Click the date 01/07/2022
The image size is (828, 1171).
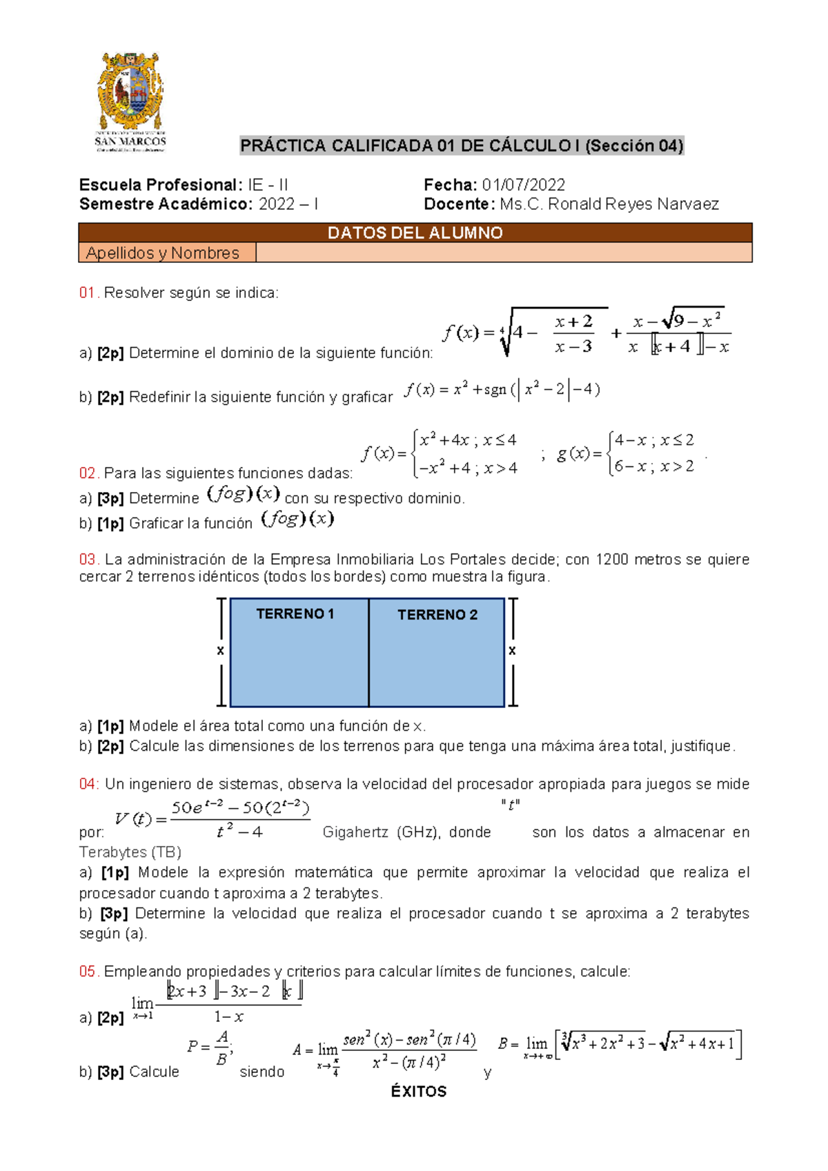[x=523, y=185]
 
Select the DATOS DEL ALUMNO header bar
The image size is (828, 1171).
[x=415, y=233]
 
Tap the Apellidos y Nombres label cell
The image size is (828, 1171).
[x=163, y=253]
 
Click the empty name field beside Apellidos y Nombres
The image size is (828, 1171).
[x=504, y=253]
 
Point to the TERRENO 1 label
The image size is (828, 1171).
[x=295, y=613]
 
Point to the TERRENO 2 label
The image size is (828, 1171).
[x=437, y=615]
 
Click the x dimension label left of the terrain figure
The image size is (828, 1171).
[x=220, y=651]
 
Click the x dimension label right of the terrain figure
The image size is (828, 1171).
[x=512, y=651]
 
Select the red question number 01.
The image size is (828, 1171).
[x=89, y=293]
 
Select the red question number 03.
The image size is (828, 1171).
[x=89, y=560]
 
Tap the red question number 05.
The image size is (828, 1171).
[x=89, y=972]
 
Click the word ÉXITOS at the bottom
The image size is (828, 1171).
[x=419, y=1092]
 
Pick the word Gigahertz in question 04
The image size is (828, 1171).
[x=355, y=832]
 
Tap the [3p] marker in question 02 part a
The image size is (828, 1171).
[x=110, y=498]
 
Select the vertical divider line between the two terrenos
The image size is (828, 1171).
[x=369, y=653]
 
